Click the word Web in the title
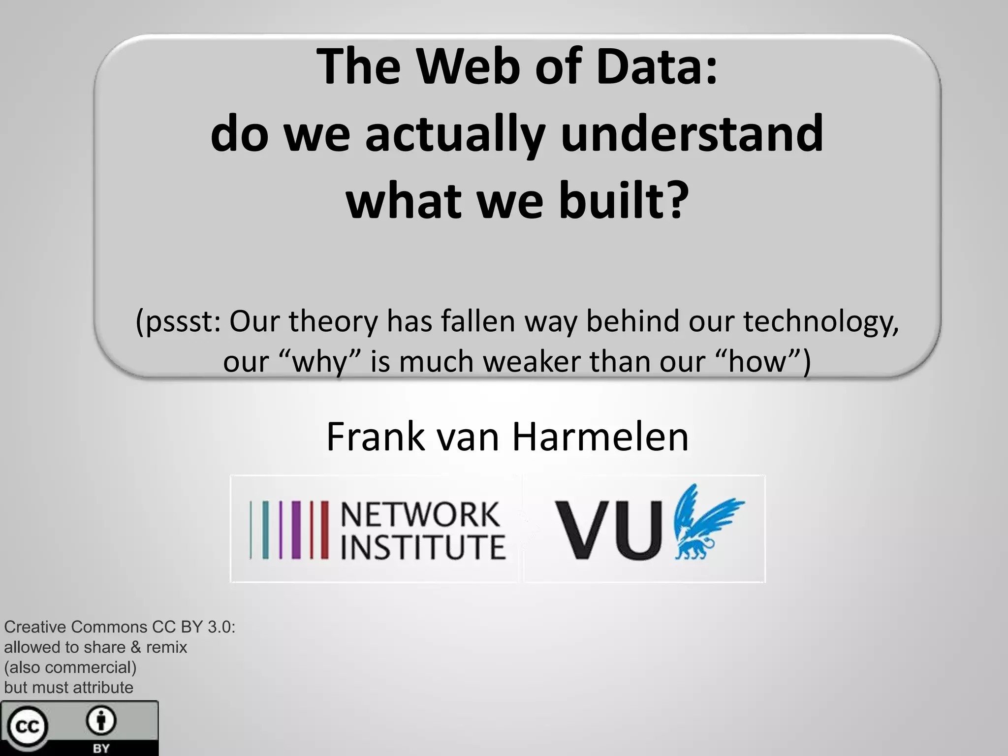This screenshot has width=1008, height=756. click(x=468, y=66)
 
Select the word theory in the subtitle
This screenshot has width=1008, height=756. click(x=333, y=322)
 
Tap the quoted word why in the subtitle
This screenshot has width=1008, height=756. click(x=320, y=362)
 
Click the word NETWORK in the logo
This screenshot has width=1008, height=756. click(x=420, y=514)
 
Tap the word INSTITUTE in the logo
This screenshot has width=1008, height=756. click(x=423, y=546)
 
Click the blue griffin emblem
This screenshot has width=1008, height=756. click(x=706, y=522)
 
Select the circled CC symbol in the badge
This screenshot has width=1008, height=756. click(x=27, y=726)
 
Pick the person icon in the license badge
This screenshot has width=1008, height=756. click(x=101, y=722)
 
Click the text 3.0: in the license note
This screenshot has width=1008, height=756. click(x=221, y=627)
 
